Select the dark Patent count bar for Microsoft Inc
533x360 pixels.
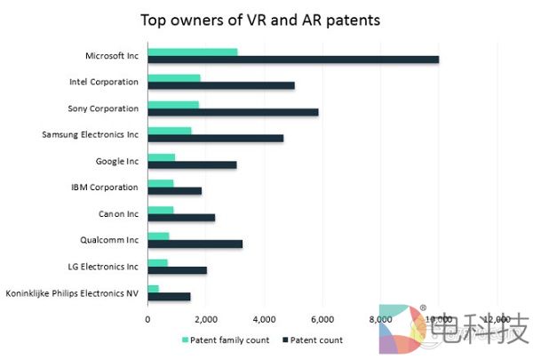tap(293, 60)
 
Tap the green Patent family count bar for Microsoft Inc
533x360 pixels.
tap(193, 52)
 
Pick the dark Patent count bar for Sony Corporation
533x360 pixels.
tap(233, 112)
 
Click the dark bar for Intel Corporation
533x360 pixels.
tap(221, 86)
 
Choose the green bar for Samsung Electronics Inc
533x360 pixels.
tap(170, 131)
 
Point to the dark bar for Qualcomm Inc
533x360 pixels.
tap(195, 243)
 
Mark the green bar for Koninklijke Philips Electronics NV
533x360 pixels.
tap(154, 288)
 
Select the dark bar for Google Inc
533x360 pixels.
tap(192, 164)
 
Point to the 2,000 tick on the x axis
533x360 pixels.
tap(205, 317)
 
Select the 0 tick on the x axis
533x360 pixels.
tap(147, 317)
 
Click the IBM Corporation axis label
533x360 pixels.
tap(105, 187)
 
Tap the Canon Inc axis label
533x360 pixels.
tap(117, 213)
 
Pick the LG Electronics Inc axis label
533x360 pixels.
tap(102, 266)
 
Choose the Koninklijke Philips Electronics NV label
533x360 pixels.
tap(72, 292)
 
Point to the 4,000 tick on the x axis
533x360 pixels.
tap(264, 317)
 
